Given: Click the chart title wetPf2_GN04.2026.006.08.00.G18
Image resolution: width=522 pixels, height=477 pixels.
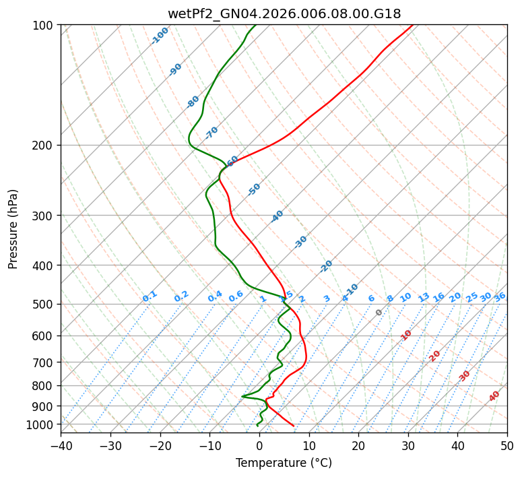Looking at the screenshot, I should [284, 13].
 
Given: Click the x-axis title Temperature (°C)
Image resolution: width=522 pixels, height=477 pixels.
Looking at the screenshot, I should [284, 464].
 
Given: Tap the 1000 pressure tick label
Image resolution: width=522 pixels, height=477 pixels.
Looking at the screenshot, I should [40, 424].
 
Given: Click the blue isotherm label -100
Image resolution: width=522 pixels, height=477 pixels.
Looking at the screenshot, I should [160, 36].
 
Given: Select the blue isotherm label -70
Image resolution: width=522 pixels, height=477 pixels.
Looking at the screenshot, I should [211, 132].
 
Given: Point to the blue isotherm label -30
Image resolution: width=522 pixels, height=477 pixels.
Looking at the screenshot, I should [300, 242].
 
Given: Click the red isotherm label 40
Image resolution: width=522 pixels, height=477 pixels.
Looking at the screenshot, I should [494, 396].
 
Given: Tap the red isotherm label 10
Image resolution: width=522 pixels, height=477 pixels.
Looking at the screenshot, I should [406, 335].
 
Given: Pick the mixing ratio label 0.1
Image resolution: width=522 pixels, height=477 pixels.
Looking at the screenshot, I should [150, 296].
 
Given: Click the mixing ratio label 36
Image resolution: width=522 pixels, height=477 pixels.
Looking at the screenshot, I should [500, 296].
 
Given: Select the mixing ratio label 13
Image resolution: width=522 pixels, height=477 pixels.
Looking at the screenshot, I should [424, 297].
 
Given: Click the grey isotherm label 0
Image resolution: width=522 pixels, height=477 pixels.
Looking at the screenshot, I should [379, 313].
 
